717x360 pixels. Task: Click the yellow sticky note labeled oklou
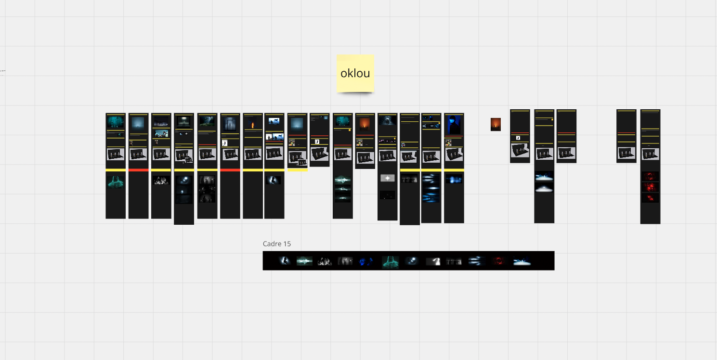tap(355, 73)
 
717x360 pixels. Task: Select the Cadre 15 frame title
tap(277, 244)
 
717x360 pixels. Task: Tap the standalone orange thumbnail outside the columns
tap(495, 124)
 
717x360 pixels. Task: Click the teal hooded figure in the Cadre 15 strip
tap(390, 261)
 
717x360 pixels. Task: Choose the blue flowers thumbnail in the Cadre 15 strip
tap(366, 261)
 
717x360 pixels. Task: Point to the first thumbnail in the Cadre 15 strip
tap(285, 261)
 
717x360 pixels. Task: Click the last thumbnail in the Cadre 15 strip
tap(521, 261)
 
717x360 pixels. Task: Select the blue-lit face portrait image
tap(454, 125)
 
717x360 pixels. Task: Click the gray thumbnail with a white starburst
tap(387, 178)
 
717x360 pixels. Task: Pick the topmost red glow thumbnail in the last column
tap(650, 176)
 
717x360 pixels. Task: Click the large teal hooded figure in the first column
tap(116, 181)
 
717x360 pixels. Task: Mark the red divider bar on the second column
tap(138, 170)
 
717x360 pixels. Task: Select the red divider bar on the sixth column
tap(230, 170)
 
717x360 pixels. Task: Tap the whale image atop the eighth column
tap(274, 121)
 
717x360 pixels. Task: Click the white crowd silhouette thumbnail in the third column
tap(161, 180)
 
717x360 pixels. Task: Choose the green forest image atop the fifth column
tap(207, 121)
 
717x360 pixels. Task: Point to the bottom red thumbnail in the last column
tap(650, 198)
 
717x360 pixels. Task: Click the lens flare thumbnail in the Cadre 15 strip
tap(304, 261)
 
